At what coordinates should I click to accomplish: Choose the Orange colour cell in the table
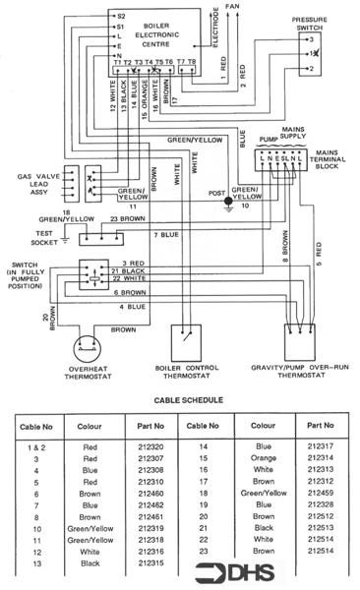[x=262, y=457]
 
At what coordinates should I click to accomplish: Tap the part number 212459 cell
[x=322, y=496]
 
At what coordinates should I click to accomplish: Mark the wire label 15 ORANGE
[x=146, y=102]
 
